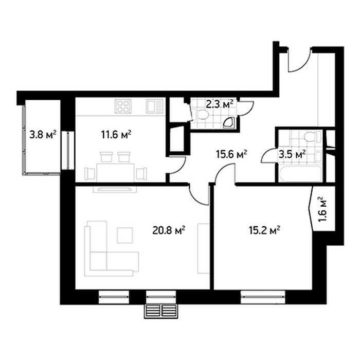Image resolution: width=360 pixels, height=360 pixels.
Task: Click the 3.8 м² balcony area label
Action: pyautogui.click(x=43, y=135)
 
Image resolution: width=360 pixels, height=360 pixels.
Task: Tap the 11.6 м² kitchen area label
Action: pyautogui.click(x=116, y=135)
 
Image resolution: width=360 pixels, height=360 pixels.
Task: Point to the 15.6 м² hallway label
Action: pyautogui.click(x=231, y=154)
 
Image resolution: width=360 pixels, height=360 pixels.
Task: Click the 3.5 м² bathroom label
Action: pyautogui.click(x=292, y=154)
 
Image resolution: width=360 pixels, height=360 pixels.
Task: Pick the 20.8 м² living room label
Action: pyautogui.click(x=169, y=230)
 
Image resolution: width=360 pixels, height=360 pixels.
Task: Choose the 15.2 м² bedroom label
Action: pyautogui.click(x=264, y=230)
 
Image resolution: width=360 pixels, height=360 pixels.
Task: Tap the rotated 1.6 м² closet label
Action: pyautogui.click(x=322, y=209)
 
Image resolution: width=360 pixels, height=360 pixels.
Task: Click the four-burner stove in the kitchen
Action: pyautogui.click(x=123, y=106)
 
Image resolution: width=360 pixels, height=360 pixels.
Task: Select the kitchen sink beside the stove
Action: pyautogui.click(x=155, y=106)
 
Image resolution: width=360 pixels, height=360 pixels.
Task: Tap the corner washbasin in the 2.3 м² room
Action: pyautogui.click(x=229, y=123)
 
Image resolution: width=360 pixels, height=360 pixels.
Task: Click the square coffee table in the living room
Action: pyautogui.click(x=125, y=236)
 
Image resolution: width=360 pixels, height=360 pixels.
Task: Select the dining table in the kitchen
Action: pyautogui.click(x=116, y=173)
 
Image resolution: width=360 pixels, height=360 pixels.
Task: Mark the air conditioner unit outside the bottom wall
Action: pyautogui.click(x=161, y=311)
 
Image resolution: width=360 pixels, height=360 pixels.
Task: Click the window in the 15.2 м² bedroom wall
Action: pyautogui.click(x=263, y=297)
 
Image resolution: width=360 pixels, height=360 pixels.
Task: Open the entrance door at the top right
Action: pyautogui.click(x=299, y=60)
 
